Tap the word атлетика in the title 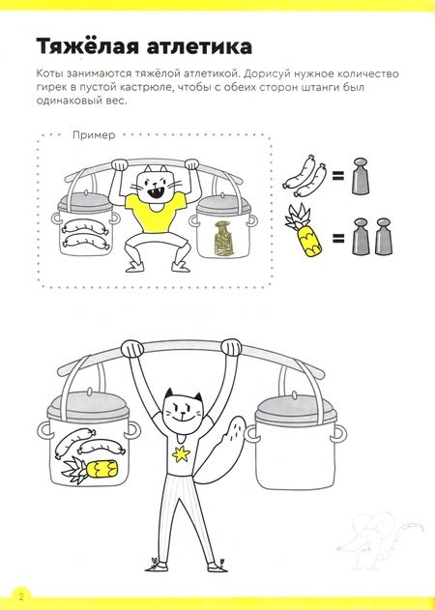(199, 46)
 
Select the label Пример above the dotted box (94, 135)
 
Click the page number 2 (21, 596)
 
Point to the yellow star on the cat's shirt (182, 454)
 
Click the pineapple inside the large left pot (90, 470)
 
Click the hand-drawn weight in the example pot (222, 239)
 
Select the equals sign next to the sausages (338, 178)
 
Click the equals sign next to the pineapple (338, 238)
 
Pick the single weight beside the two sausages (360, 176)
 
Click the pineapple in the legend (304, 231)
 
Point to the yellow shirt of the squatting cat (156, 212)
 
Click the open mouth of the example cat (155, 192)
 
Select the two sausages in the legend (304, 177)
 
